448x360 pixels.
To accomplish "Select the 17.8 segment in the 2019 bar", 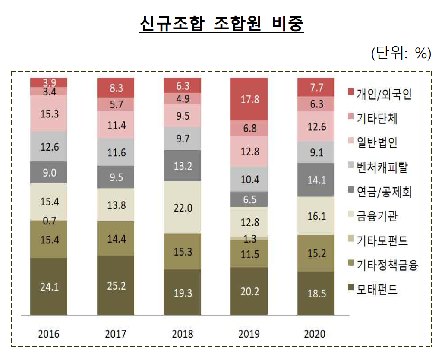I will click(x=250, y=99).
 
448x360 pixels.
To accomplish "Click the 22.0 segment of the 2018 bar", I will click(x=183, y=208).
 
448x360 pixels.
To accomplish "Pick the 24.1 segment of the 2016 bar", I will click(x=49, y=287).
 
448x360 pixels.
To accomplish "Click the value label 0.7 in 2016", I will click(x=49, y=221).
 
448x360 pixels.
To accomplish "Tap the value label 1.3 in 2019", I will click(x=250, y=239).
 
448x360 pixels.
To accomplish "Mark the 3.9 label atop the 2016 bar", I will click(x=49, y=82).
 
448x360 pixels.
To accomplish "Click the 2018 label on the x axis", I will click(x=183, y=334).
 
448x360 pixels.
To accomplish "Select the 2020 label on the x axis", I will click(x=317, y=334).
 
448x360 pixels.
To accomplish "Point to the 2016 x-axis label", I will click(x=48, y=334).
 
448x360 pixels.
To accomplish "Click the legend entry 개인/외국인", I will click(x=383, y=94).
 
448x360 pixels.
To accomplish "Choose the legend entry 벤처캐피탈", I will click(x=382, y=167).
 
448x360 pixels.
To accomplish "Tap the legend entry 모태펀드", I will click(x=377, y=290).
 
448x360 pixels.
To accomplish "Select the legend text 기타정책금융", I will click(x=386, y=265).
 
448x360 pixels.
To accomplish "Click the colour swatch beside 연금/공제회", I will click(x=350, y=191).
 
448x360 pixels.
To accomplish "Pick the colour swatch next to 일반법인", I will click(x=350, y=142).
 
